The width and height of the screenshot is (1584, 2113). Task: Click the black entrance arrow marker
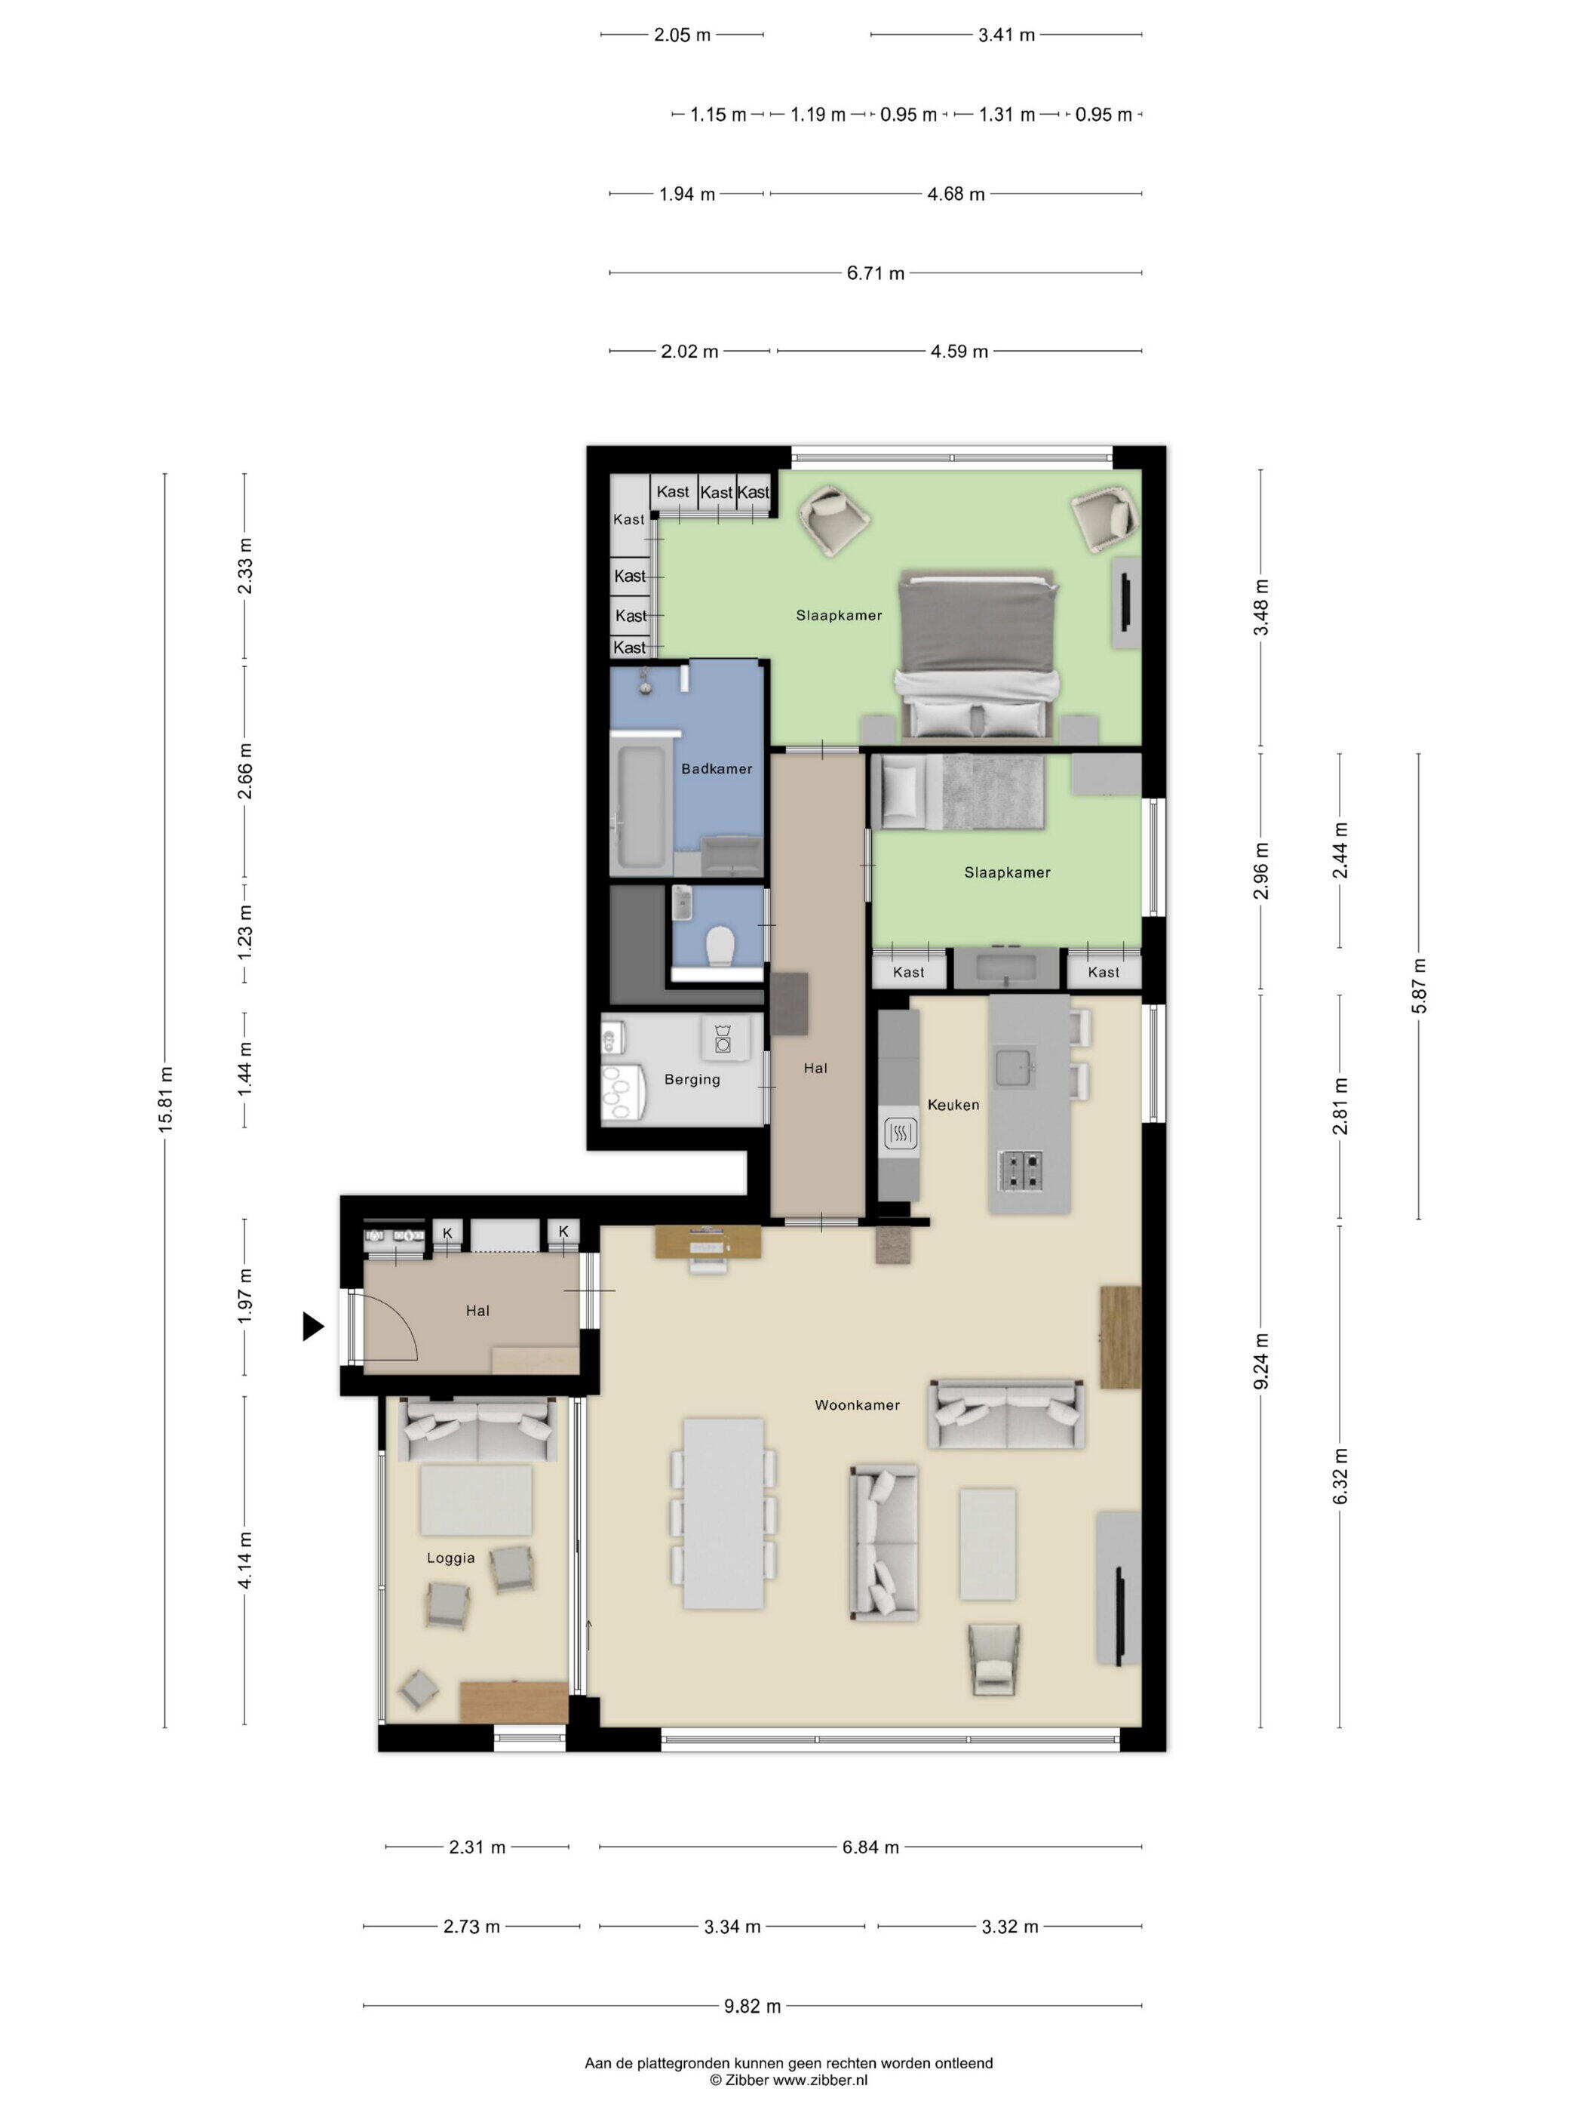[312, 1326]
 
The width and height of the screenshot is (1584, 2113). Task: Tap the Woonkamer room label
[856, 1405]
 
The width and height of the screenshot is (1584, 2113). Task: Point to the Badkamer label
[716, 769]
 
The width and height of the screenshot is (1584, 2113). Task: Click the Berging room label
[692, 1079]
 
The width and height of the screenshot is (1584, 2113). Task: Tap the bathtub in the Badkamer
[640, 808]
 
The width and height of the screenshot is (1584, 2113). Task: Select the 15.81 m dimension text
[165, 1100]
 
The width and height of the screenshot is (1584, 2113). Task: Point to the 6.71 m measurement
[876, 273]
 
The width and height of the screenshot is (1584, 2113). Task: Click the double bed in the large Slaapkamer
[977, 657]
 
